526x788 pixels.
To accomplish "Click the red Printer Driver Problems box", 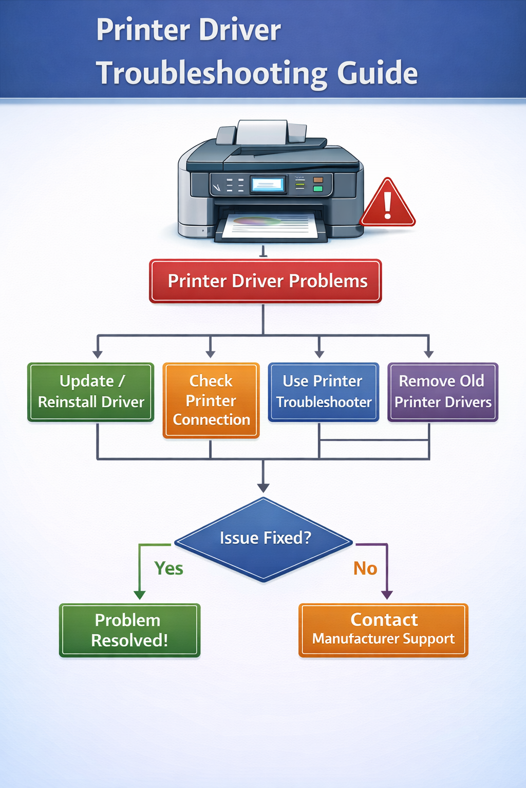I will click(265, 281).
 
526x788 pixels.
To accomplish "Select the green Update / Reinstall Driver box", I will click(91, 392).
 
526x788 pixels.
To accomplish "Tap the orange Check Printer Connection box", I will click(211, 400).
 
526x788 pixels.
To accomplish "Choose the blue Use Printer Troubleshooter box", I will click(323, 392).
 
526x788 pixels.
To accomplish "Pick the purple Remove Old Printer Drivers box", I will click(442, 392).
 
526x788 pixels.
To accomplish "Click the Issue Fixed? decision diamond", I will click(264, 539).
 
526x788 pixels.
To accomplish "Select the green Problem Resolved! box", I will click(129, 630).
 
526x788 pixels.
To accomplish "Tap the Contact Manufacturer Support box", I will click(383, 630).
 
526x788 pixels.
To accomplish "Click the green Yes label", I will click(169, 568).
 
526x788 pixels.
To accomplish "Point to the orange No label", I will click(365, 568).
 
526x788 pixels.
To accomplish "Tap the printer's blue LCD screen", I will click(268, 185).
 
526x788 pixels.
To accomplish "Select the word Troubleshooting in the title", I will click(212, 73).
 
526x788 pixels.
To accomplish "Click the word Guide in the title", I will click(378, 73).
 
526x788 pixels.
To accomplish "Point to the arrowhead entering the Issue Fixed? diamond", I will click(264, 487).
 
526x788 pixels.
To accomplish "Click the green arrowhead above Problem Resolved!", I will click(140, 595).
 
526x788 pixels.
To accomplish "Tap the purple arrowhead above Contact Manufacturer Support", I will click(387, 595).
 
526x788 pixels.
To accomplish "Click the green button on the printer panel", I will click(318, 189).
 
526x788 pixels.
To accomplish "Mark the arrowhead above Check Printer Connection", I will click(210, 353).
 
